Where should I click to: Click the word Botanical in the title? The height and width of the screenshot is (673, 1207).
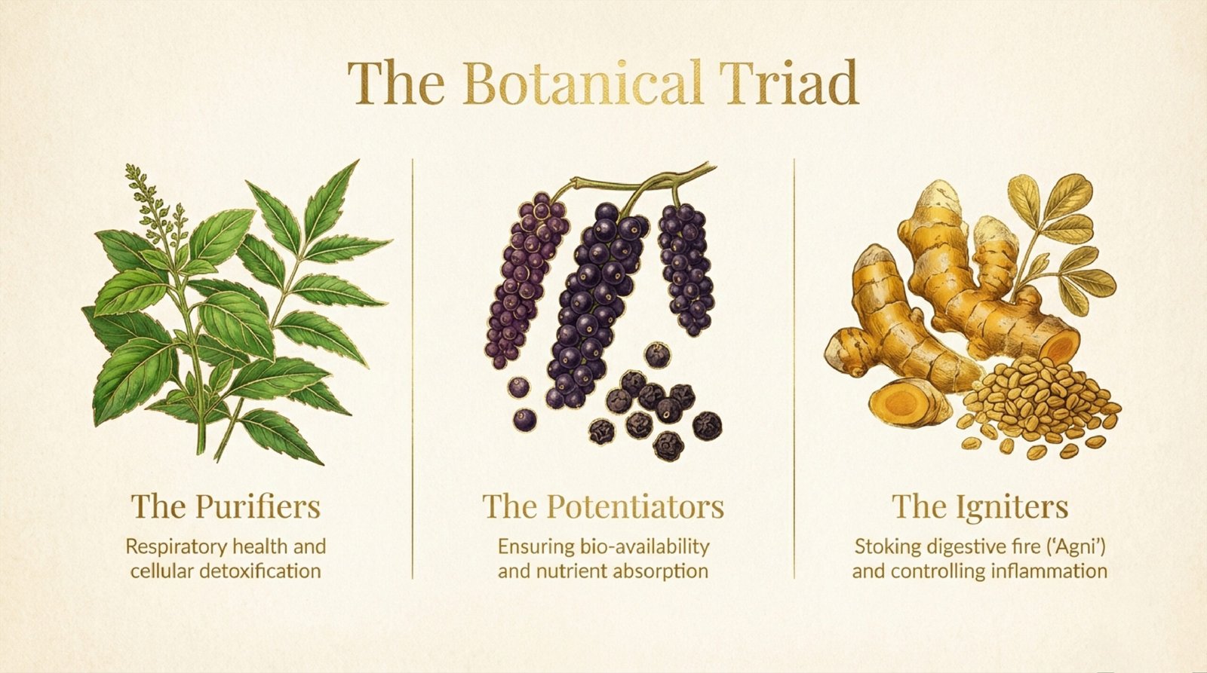583,83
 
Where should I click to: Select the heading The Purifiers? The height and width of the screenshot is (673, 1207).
226,506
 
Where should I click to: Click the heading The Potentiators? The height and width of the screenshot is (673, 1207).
603,507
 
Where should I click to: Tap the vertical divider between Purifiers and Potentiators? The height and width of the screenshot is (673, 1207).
413,369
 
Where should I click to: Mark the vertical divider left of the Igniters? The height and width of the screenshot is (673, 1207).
794,369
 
